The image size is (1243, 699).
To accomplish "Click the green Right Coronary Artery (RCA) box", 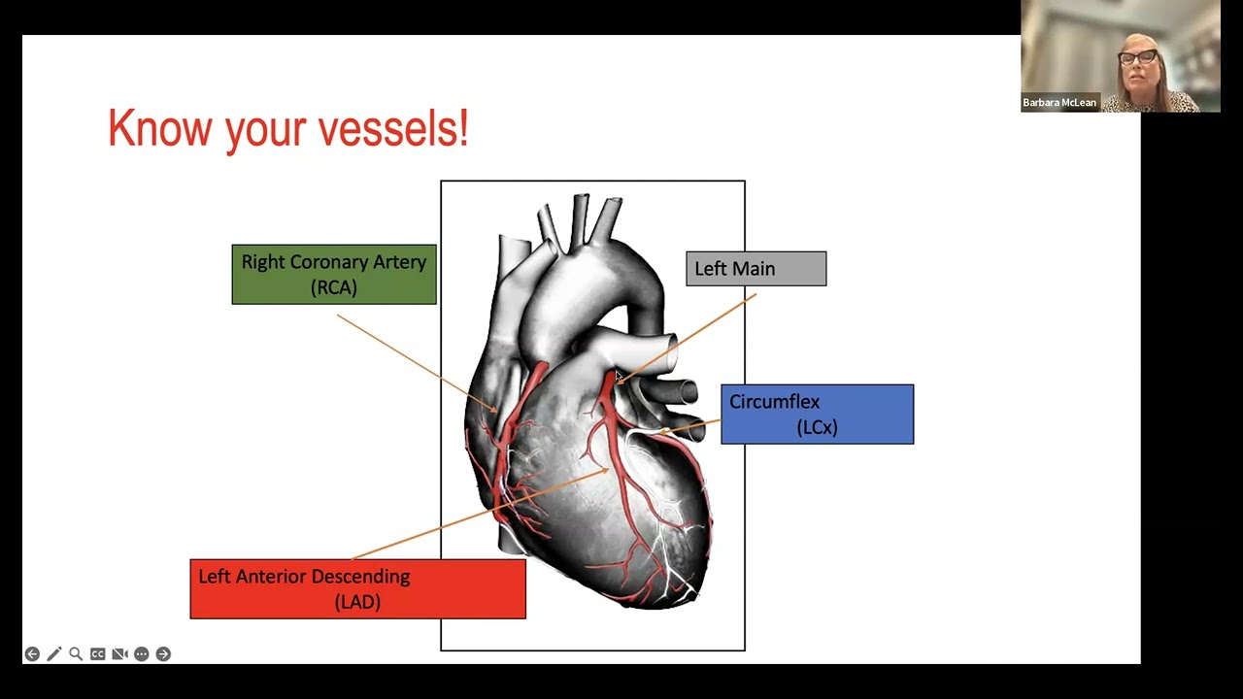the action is tap(334, 274).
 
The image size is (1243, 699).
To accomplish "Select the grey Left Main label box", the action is tap(756, 269).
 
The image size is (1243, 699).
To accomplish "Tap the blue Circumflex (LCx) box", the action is tap(818, 414).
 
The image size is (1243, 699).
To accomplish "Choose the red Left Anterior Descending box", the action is tap(358, 588).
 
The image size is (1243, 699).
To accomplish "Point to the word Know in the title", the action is tap(160, 127).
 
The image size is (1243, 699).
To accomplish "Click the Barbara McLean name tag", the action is tap(1059, 103).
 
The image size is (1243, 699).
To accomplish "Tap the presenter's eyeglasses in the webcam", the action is tap(1137, 56).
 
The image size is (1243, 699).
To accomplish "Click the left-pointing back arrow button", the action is tap(32, 654).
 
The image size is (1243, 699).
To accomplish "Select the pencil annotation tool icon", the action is tap(53, 654).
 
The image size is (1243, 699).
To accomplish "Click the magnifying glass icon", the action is tap(76, 654).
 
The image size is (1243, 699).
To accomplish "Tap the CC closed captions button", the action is tap(98, 654).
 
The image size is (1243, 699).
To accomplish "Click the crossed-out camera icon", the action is tap(119, 654).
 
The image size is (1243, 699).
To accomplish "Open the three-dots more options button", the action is tap(142, 654).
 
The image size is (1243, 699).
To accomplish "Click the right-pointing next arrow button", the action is tap(163, 654).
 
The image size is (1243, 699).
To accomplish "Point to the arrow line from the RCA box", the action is tap(417, 363).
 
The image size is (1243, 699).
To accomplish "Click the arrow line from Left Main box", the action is tap(687, 339).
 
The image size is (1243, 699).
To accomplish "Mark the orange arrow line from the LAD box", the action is tap(481, 514).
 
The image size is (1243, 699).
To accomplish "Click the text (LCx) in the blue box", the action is tap(817, 427).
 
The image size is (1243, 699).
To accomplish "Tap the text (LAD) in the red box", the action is tap(357, 602).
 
